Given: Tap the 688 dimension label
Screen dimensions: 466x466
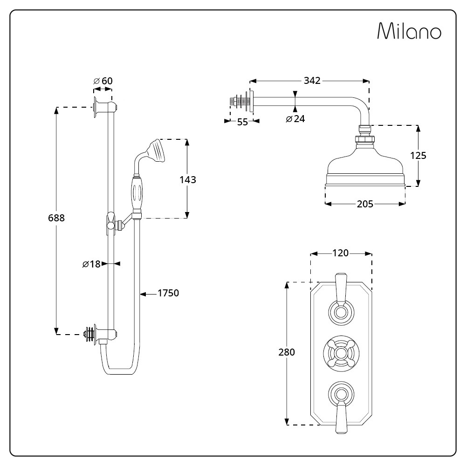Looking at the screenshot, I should click(x=56, y=218).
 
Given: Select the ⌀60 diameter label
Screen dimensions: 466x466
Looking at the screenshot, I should click(x=103, y=81).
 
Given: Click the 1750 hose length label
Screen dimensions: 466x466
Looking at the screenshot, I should click(x=168, y=293).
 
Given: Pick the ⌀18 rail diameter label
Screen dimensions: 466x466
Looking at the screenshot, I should click(x=91, y=264).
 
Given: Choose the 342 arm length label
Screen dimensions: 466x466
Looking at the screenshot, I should click(x=311, y=81).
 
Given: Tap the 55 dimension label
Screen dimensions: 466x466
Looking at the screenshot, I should click(x=242, y=123).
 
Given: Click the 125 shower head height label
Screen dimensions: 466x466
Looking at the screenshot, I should click(x=418, y=156).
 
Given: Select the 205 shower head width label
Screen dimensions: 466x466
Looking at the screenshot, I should click(x=364, y=204).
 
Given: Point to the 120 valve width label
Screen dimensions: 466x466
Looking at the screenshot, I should click(x=340, y=253).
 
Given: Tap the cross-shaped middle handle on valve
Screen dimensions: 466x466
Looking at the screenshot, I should click(x=341, y=352).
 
